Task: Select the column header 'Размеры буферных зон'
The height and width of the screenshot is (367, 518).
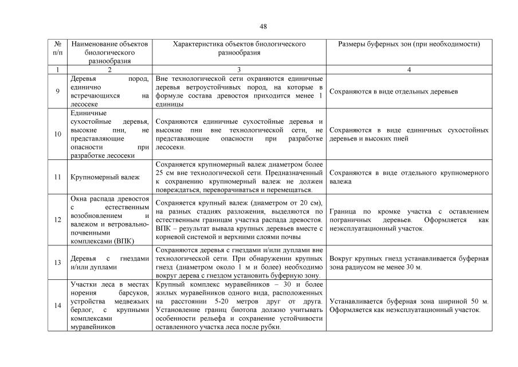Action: pyautogui.click(x=409, y=44)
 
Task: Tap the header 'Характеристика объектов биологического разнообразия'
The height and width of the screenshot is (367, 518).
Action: pyautogui.click(x=239, y=48)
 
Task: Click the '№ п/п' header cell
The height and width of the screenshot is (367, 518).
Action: pyautogui.click(x=57, y=48)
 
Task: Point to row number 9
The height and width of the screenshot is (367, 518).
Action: pyautogui.click(x=57, y=91)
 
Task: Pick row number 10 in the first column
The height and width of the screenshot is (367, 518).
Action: pyautogui.click(x=57, y=134)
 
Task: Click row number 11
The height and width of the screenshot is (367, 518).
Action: pyautogui.click(x=57, y=177)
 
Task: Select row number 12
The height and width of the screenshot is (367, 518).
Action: pyautogui.click(x=57, y=220)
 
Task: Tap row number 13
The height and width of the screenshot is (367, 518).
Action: pyautogui.click(x=57, y=263)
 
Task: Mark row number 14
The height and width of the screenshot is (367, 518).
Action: pyautogui.click(x=57, y=306)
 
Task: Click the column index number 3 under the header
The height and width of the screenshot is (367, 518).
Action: pyautogui.click(x=239, y=69)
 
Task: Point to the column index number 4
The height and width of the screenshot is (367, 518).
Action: pyautogui.click(x=409, y=69)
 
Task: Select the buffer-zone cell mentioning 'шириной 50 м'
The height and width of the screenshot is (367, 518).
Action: pyautogui.click(x=409, y=306)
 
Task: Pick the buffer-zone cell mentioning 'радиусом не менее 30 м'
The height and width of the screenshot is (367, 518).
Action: pyautogui.click(x=409, y=263)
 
